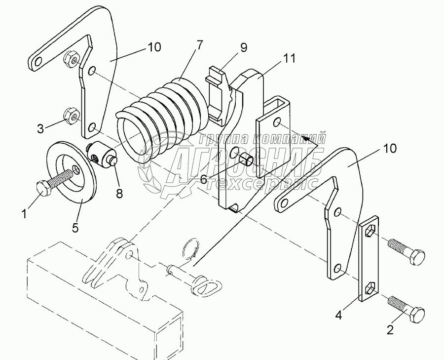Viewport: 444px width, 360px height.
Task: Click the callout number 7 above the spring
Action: tap(199, 45)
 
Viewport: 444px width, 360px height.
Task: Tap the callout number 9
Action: tap(244, 47)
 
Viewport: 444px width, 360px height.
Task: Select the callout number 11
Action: tap(289, 58)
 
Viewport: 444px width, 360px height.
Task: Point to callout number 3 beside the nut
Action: tap(41, 129)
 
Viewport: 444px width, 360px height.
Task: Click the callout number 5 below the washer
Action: tap(75, 227)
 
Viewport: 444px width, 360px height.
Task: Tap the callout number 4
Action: tap(338, 315)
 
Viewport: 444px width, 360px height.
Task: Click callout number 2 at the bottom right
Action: tap(390, 330)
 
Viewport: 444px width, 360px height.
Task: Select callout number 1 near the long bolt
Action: tap(25, 213)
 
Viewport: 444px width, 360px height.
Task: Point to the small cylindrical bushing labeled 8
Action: tap(102, 155)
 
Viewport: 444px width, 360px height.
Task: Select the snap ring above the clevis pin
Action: tap(190, 248)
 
